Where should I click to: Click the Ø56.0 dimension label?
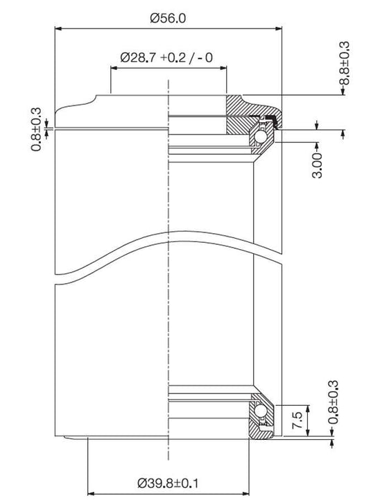[168, 18]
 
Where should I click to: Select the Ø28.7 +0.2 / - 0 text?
[166, 58]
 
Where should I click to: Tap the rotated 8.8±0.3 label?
[345, 63]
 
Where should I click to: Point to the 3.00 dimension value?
[317, 165]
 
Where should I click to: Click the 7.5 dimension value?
[297, 420]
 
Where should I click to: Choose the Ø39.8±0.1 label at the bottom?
[168, 483]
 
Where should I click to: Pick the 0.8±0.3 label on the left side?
[36, 129]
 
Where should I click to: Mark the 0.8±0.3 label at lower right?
[333, 402]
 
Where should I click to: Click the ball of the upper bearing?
[259, 137]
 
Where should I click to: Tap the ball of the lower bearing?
[259, 411]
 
